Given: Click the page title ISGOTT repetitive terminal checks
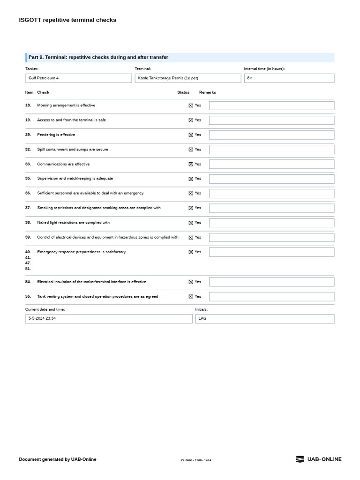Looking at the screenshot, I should [67, 20].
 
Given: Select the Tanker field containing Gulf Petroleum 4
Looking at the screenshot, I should [78, 78].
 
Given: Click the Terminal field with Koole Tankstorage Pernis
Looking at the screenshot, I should [187, 78].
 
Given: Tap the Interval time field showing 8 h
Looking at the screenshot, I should [289, 78].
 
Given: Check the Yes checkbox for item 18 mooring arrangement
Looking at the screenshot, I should [191, 106].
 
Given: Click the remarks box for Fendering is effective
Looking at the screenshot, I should [271, 135].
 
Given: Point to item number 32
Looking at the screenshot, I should [28, 150].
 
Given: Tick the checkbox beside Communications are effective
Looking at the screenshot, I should [191, 165].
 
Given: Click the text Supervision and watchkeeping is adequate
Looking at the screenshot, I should [75, 179].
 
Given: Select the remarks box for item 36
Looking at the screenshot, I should [271, 194].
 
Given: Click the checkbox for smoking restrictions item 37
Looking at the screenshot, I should [191, 208].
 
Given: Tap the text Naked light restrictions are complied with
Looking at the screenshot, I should [74, 223].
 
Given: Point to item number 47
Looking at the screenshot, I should [28, 263].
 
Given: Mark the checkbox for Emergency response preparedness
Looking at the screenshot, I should [191, 252].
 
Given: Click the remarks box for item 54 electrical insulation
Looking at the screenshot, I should [271, 282].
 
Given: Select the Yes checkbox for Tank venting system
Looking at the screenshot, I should [191, 297].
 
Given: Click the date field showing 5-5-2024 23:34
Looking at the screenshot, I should [109, 319].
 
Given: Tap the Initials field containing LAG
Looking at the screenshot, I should [265, 319].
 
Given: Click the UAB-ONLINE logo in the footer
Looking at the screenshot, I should [319, 459].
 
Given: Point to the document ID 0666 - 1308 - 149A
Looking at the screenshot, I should [196, 460].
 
